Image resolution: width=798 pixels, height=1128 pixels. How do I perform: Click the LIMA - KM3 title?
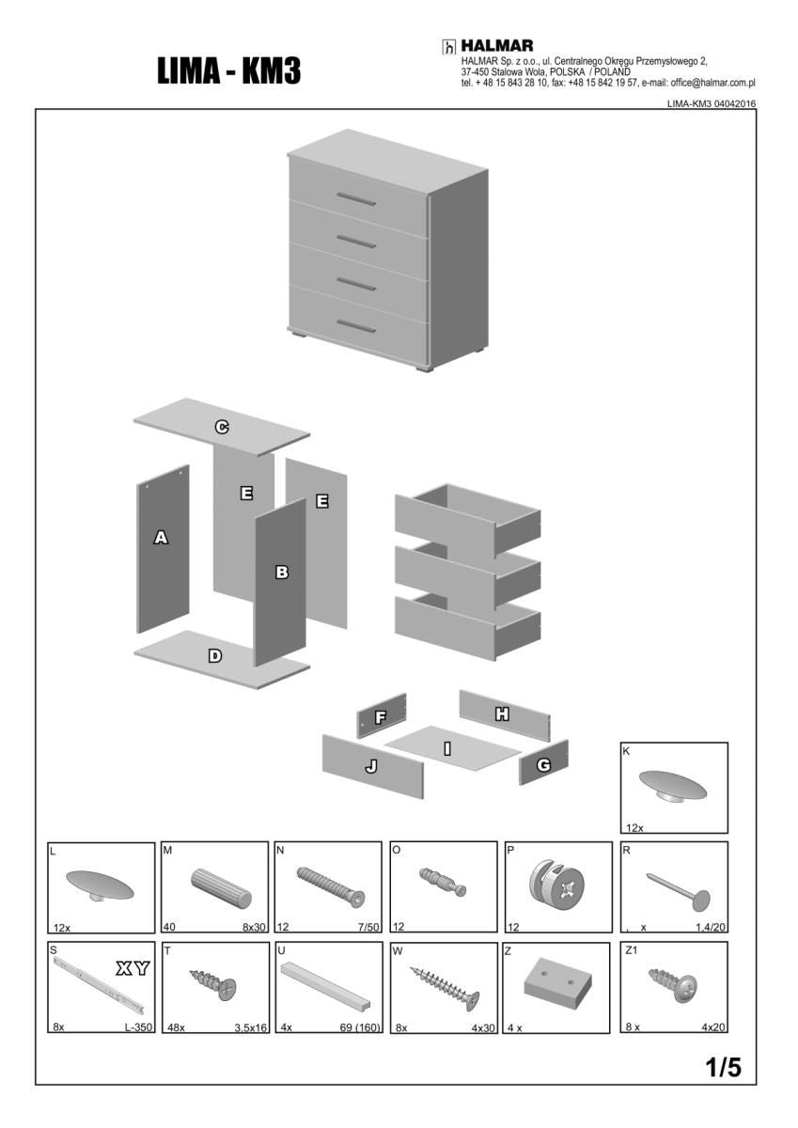(229, 71)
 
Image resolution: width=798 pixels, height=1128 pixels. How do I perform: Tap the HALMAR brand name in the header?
(497, 46)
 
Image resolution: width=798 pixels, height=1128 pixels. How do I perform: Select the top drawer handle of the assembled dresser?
(356, 199)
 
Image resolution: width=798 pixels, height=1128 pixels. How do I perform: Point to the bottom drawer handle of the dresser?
(356, 326)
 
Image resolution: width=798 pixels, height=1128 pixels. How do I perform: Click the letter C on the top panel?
(222, 427)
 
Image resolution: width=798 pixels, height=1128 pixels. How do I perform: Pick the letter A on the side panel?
(161, 538)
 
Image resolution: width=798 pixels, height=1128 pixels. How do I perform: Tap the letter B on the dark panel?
(282, 572)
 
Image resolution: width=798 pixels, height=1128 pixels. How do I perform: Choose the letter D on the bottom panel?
(215, 656)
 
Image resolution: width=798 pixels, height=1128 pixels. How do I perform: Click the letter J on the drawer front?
(371, 766)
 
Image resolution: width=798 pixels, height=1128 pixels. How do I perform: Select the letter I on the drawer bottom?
(447, 749)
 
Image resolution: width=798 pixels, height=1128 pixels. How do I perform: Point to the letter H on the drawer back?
(502, 713)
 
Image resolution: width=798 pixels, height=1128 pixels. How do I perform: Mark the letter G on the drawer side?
(543, 765)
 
